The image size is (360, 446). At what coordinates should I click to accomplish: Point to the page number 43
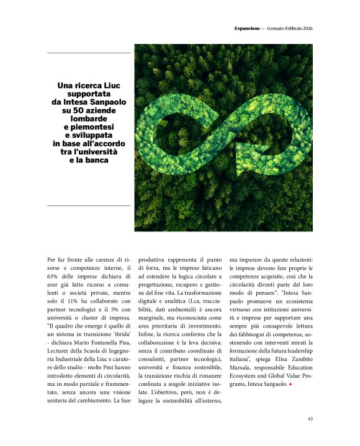click(310, 419)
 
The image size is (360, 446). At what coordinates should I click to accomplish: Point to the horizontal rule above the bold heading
click(89, 53)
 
